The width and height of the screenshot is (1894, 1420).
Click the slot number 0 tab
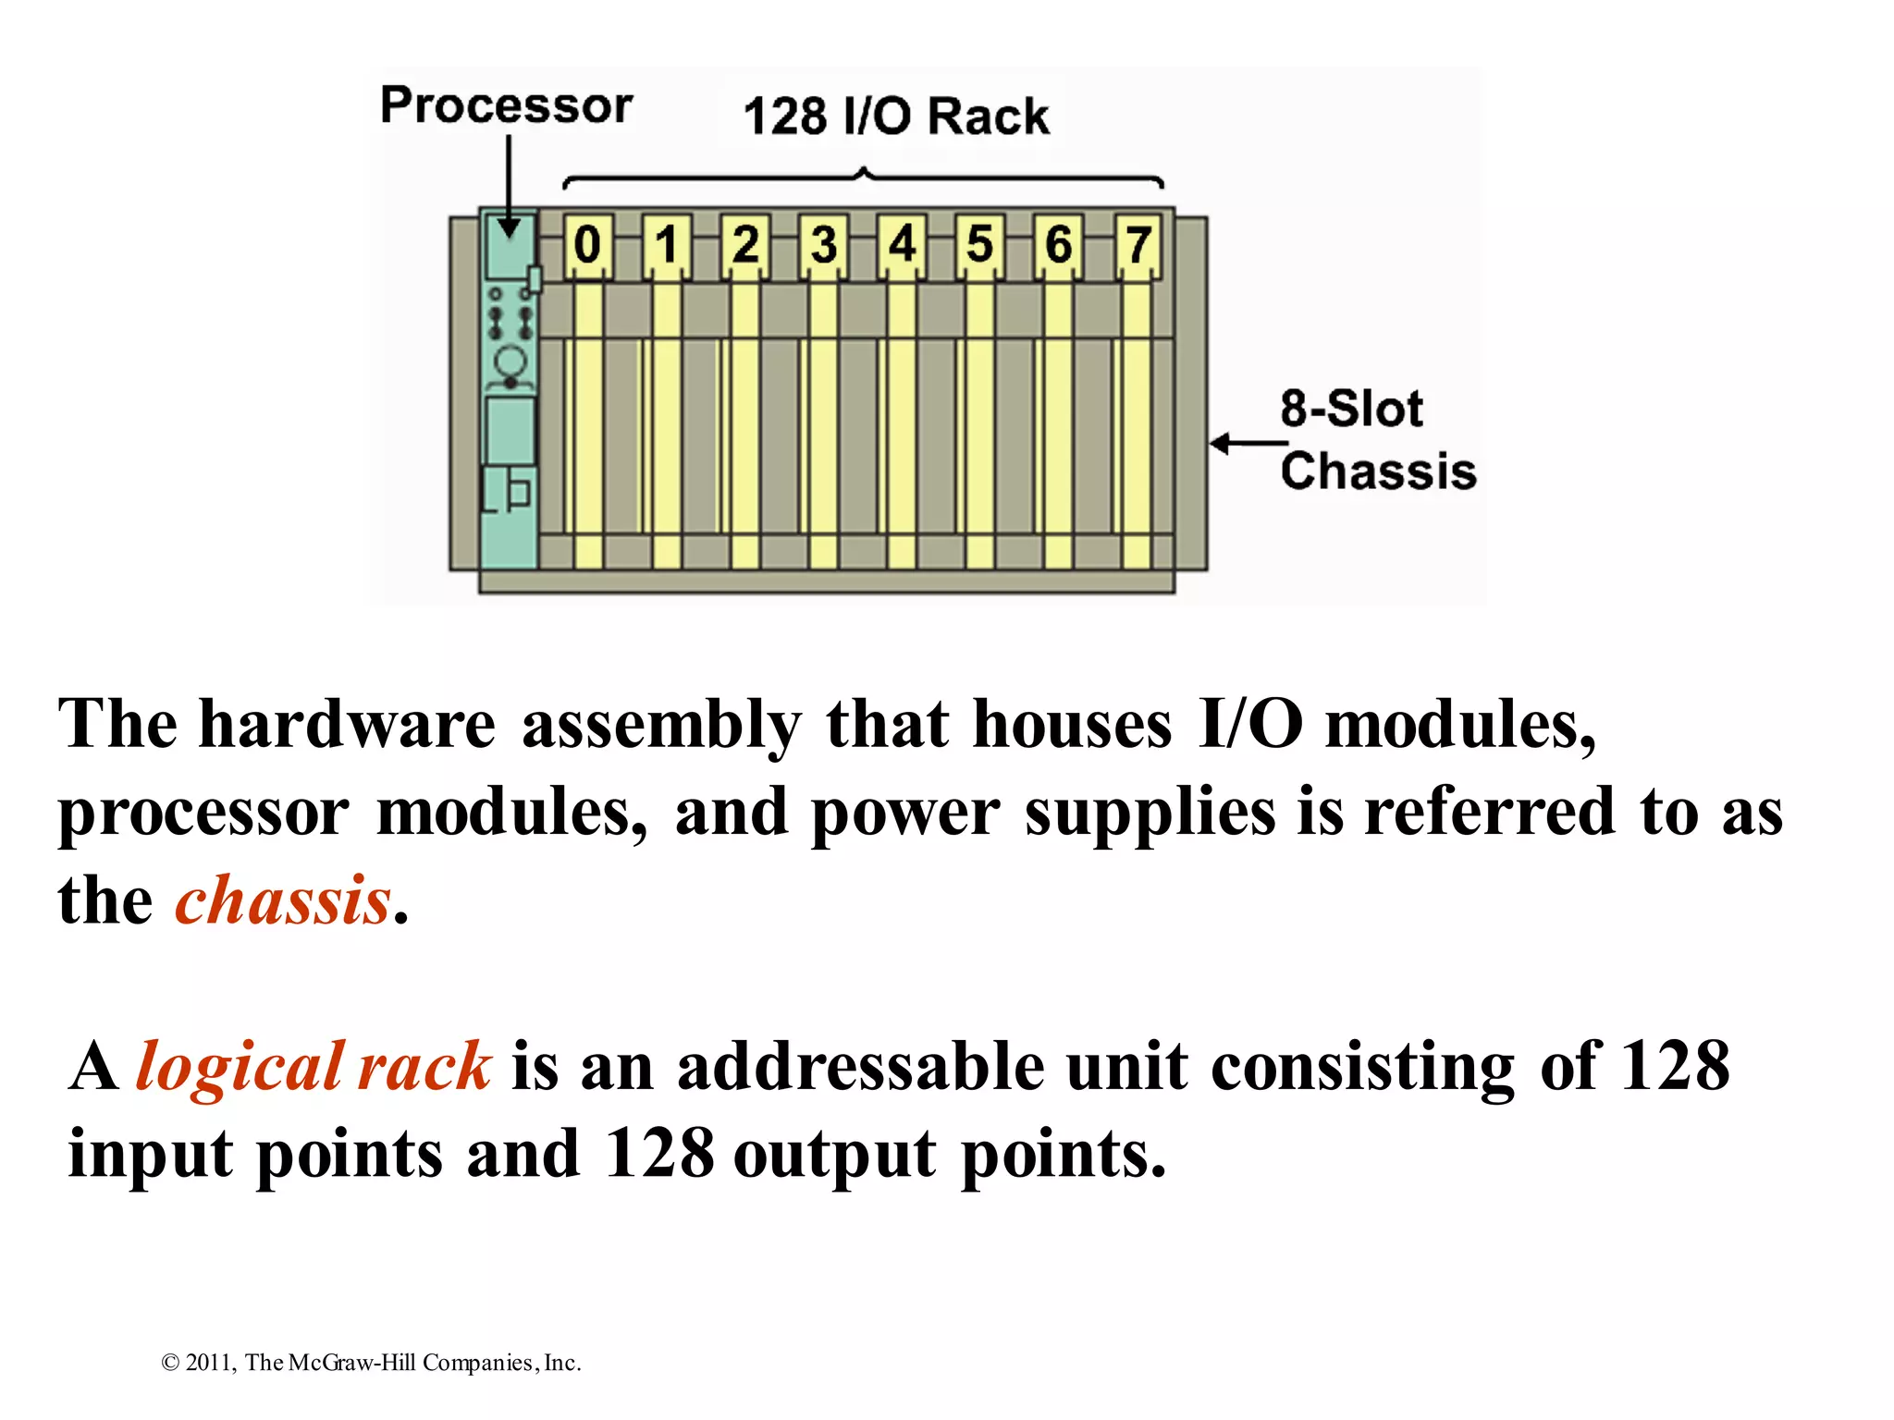click(x=587, y=245)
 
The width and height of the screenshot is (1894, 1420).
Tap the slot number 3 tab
click(x=823, y=245)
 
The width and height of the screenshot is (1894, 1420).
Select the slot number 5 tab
click(x=979, y=245)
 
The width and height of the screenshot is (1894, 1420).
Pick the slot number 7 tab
click(x=1138, y=245)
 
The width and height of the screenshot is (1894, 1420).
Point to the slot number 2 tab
click(x=744, y=245)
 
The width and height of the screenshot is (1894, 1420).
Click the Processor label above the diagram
click(x=506, y=105)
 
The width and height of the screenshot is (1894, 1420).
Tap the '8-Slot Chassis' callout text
click(x=1376, y=440)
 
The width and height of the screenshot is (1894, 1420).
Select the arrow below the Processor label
click(x=509, y=185)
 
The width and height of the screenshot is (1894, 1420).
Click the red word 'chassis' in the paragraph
click(x=283, y=900)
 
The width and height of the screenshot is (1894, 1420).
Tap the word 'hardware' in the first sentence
click(x=348, y=724)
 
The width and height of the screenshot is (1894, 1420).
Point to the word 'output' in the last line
click(x=835, y=1155)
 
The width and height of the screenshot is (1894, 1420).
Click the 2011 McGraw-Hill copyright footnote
click(x=371, y=1363)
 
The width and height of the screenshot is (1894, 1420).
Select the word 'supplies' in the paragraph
click(x=1150, y=813)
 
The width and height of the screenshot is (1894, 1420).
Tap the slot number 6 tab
click(x=1058, y=245)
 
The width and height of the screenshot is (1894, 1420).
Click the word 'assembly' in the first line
click(x=661, y=724)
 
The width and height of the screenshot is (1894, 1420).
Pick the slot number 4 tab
click(x=902, y=245)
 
